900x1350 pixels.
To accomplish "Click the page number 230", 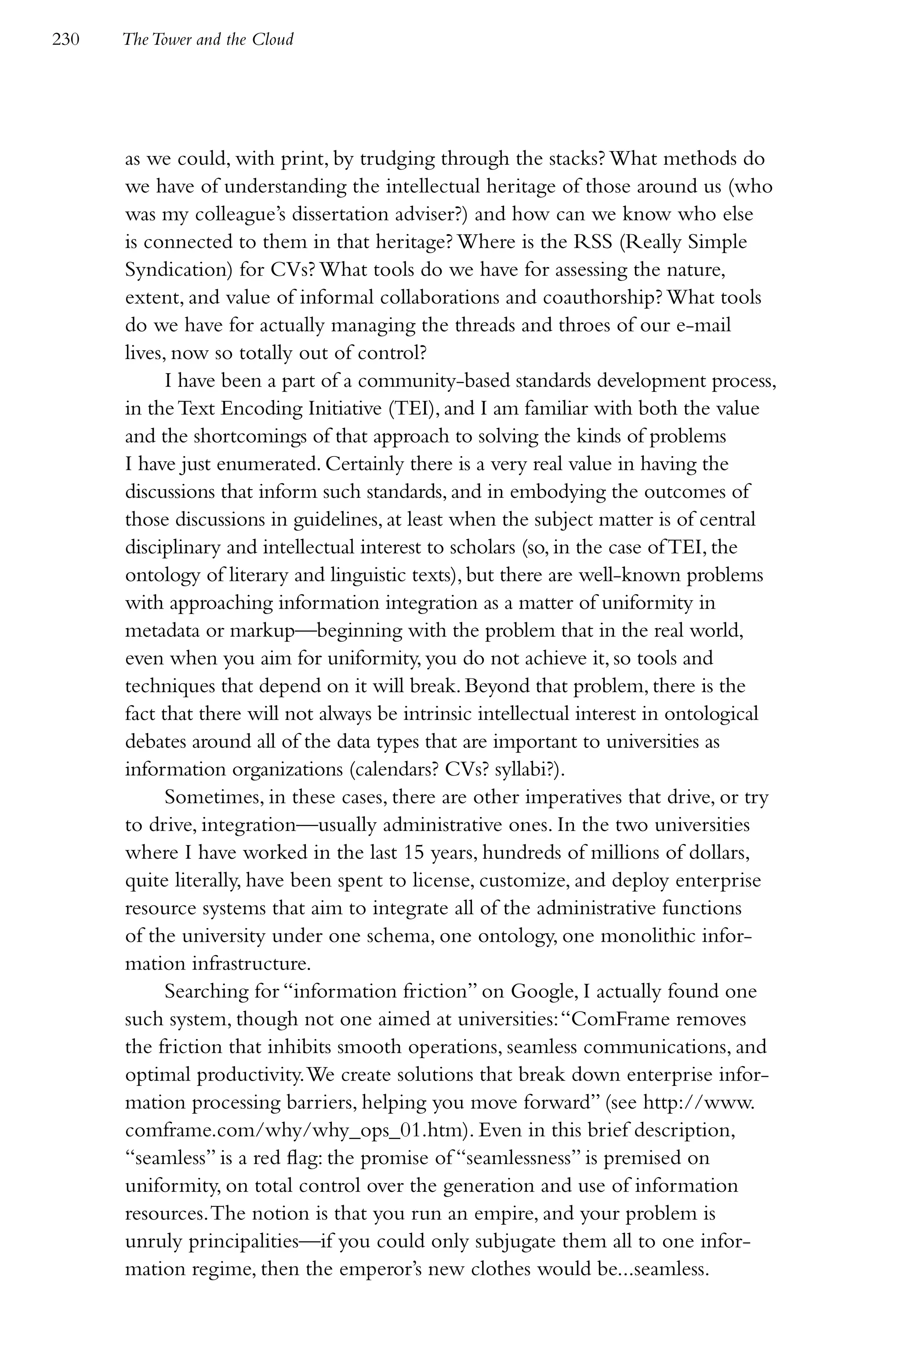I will [x=65, y=40].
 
